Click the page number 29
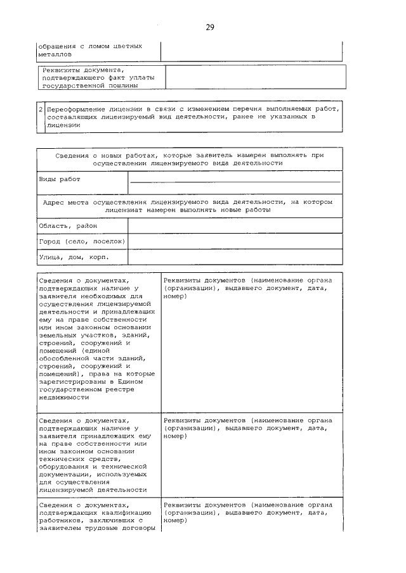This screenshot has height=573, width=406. [x=210, y=27]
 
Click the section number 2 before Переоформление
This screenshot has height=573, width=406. [x=41, y=109]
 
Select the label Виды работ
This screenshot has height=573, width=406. [x=60, y=179]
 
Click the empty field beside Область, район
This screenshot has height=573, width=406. [x=235, y=226]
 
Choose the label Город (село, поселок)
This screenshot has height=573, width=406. [x=82, y=241]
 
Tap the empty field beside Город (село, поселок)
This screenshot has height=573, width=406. [x=235, y=242]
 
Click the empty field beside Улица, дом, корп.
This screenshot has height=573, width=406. [x=235, y=258]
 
